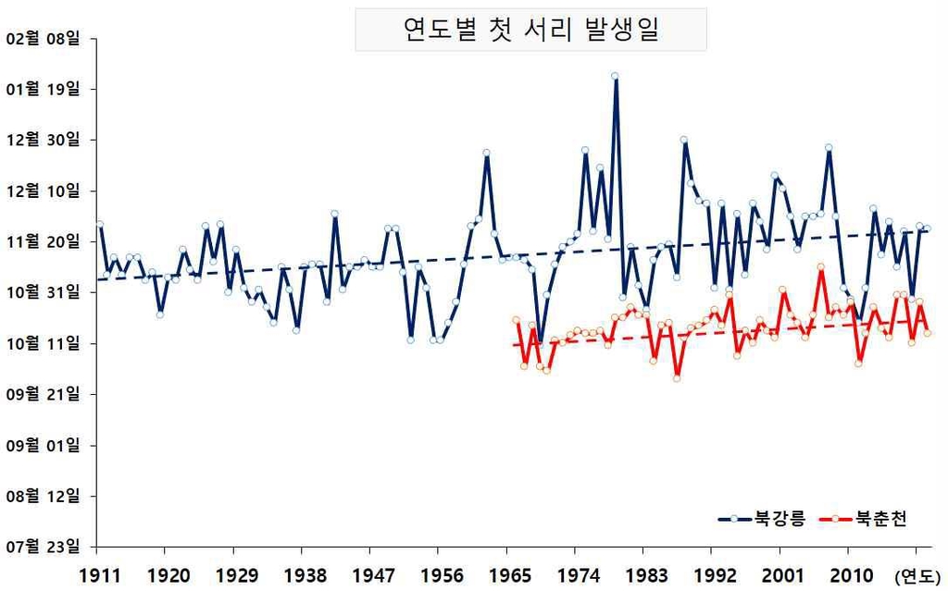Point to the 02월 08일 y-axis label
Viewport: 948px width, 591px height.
coord(44,39)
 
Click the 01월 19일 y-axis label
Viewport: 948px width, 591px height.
coord(44,90)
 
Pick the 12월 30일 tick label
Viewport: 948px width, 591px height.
coord(44,141)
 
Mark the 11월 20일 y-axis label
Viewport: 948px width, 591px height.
coord(44,242)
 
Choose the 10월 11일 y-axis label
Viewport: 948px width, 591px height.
coord(44,344)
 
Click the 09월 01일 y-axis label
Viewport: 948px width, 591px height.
coord(44,446)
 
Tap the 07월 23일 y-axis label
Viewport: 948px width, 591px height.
coord(44,547)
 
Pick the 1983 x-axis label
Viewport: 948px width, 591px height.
coord(645,575)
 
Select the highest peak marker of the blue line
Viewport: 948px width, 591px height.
coord(615,77)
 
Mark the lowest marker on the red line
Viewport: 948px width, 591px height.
coord(677,377)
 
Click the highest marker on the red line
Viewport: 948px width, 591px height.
coord(820,267)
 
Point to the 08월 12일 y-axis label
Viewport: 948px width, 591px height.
coord(44,497)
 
